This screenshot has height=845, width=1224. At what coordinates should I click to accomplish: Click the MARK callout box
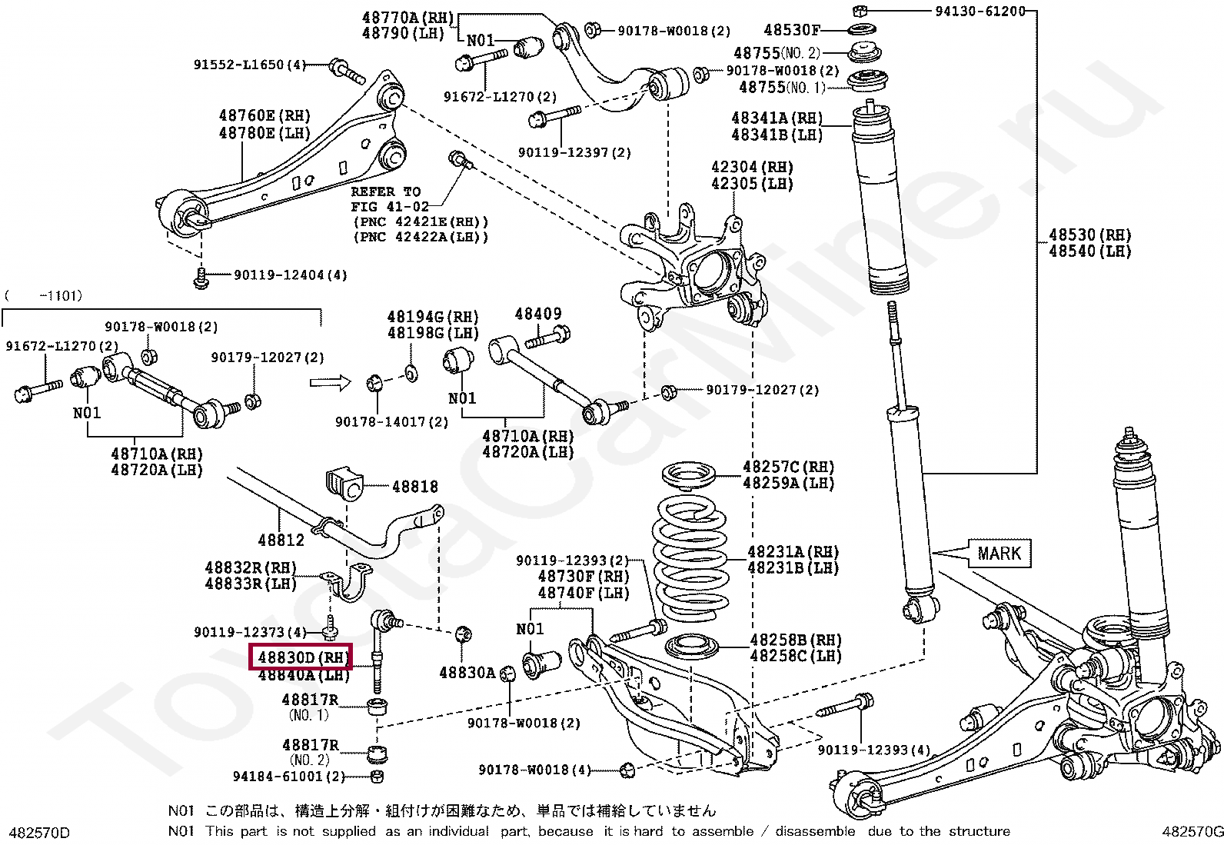[x=999, y=554]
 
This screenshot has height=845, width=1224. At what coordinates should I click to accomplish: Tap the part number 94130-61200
[x=980, y=11]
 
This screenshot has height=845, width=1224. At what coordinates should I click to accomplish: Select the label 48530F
[x=791, y=30]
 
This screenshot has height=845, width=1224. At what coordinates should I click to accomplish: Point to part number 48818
[x=414, y=487]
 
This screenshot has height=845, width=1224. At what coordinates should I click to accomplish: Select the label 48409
[x=537, y=314]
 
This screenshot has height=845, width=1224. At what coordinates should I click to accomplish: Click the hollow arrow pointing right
[x=330, y=382]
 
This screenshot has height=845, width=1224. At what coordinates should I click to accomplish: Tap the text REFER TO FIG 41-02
[x=386, y=199]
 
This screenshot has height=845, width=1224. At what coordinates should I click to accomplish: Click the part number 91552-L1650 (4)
[x=249, y=65]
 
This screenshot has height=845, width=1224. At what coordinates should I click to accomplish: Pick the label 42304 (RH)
[x=751, y=167]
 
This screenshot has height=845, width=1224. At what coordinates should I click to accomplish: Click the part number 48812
[x=281, y=540]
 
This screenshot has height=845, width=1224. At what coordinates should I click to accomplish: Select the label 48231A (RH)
[x=792, y=551]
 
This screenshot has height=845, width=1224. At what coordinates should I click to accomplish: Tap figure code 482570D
[x=38, y=833]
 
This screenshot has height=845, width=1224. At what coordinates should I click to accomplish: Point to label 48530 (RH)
[x=1089, y=235]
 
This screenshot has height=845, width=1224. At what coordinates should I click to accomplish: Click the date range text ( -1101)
[x=44, y=295]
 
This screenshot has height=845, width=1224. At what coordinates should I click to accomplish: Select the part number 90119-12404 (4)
[x=290, y=274]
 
